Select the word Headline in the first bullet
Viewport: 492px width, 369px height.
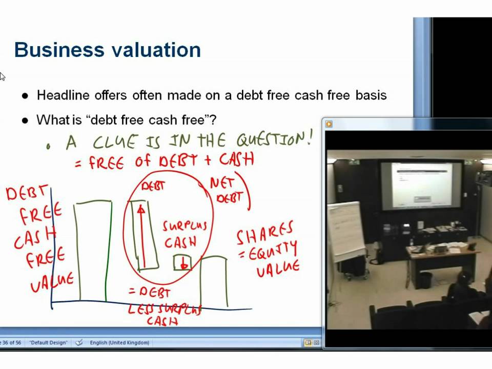61,95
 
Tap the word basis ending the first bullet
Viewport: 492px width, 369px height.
372,95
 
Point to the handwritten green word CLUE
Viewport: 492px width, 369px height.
115,141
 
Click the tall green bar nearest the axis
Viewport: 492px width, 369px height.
93,251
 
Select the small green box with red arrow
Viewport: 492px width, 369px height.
182,262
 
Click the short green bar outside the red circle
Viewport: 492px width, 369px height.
213,282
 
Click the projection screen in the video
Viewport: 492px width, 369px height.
422,184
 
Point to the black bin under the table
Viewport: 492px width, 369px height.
425,280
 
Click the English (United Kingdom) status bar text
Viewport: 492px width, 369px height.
119,342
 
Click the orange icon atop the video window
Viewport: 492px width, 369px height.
329,124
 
